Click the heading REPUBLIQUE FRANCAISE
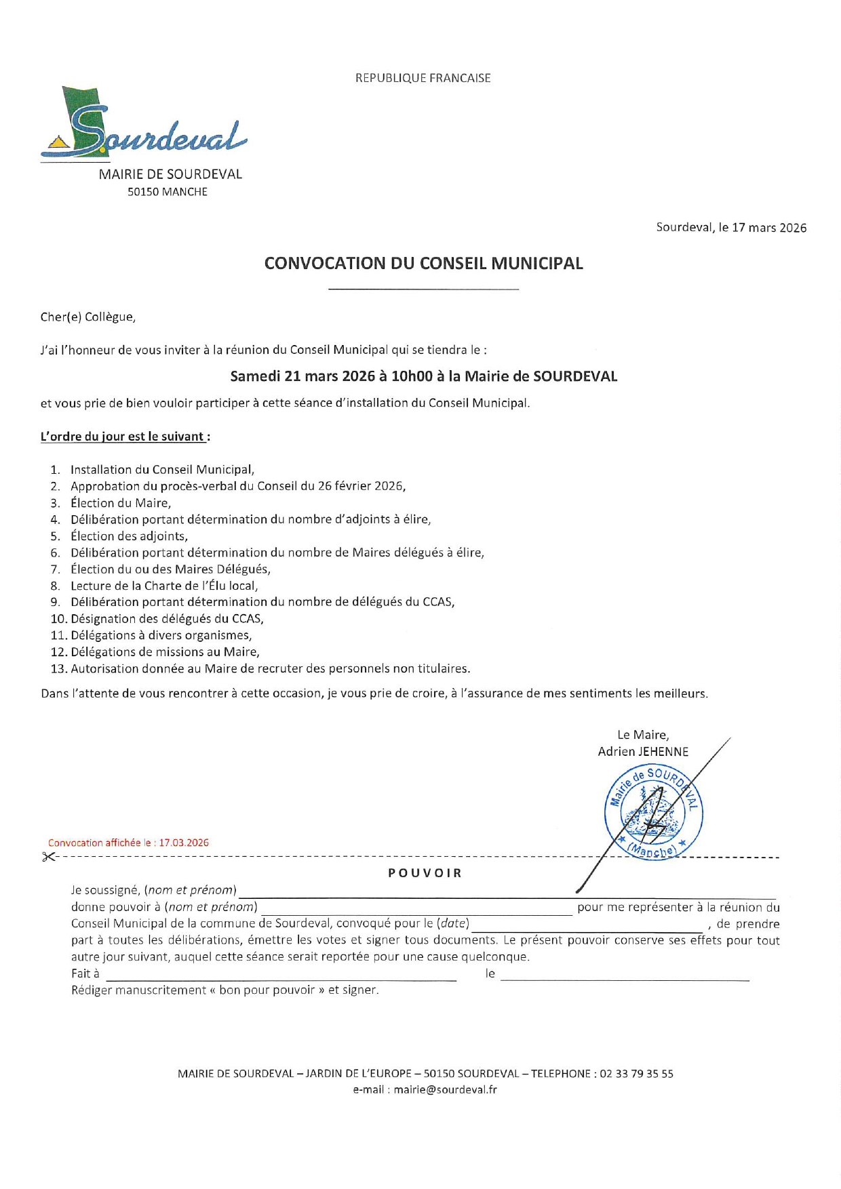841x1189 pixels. pyautogui.click(x=423, y=78)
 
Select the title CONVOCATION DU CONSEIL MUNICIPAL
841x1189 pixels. pyautogui.click(x=423, y=263)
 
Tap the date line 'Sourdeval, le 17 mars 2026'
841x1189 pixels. pyautogui.click(x=731, y=228)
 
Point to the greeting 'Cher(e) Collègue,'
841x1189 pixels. pyautogui.click(x=88, y=317)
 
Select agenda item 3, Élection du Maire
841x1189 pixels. pyautogui.click(x=121, y=503)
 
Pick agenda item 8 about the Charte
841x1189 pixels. pyautogui.click(x=164, y=586)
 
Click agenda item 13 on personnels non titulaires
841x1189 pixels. pyautogui.click(x=270, y=668)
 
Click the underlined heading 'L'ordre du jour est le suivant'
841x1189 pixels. pyautogui.click(x=123, y=437)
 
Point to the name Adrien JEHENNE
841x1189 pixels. pyautogui.click(x=643, y=752)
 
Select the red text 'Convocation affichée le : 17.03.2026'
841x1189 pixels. pyautogui.click(x=128, y=843)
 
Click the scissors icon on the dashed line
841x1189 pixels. pyautogui.click(x=48, y=857)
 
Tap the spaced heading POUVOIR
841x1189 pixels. pyautogui.click(x=425, y=873)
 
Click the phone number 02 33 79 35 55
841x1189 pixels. pyautogui.click(x=636, y=1074)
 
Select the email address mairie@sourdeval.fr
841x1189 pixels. pyautogui.click(x=445, y=1090)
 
